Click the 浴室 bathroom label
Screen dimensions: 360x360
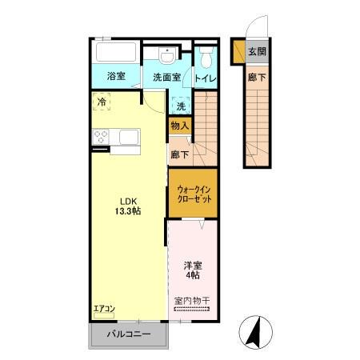(x=117, y=77)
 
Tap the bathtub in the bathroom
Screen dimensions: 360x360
(x=116, y=54)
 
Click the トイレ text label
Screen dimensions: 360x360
(x=205, y=78)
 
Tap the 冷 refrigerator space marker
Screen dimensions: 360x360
(x=102, y=102)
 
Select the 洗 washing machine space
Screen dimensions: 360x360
(x=181, y=106)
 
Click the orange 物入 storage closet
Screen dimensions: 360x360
(x=179, y=126)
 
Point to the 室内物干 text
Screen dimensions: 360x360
(x=191, y=302)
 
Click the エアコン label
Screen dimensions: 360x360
(x=105, y=310)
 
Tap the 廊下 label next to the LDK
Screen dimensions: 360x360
(x=179, y=154)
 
